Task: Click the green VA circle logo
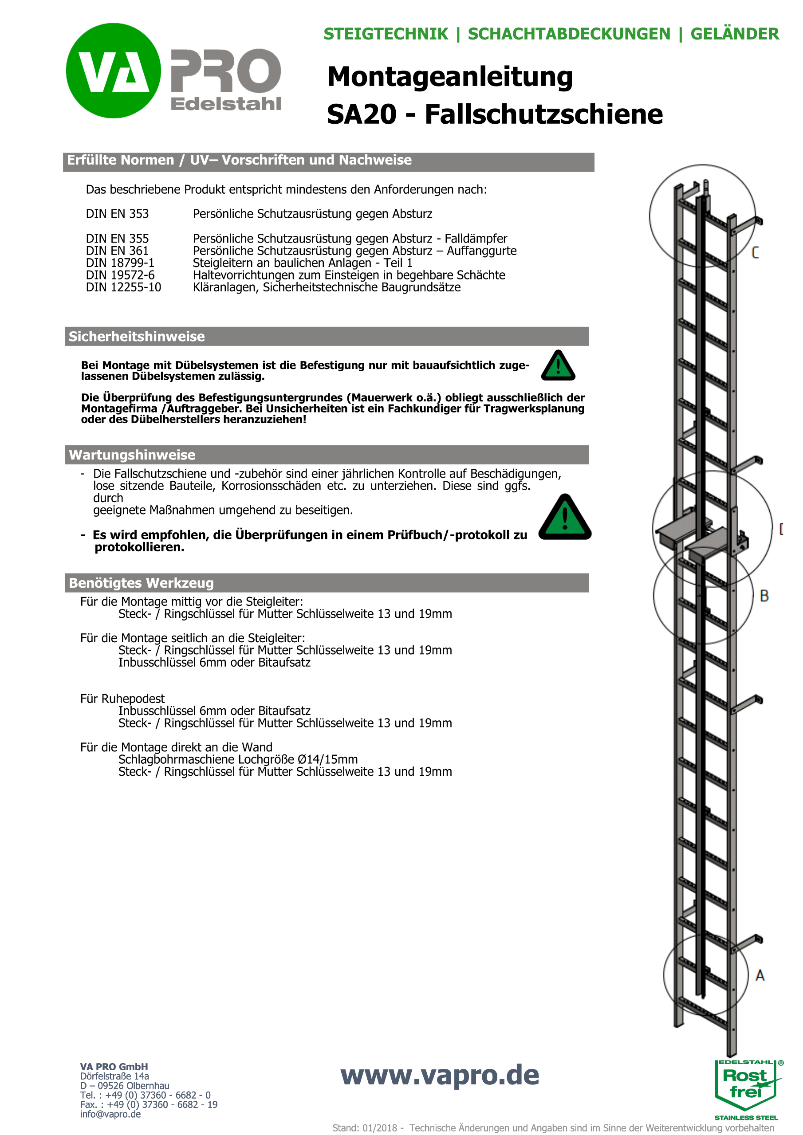click(x=113, y=71)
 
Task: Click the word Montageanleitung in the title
click(x=449, y=78)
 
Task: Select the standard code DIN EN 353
click(x=117, y=214)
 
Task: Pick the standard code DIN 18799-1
click(x=120, y=263)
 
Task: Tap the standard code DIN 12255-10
click(x=123, y=287)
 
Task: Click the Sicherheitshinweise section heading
click(x=137, y=337)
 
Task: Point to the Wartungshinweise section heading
click(x=132, y=455)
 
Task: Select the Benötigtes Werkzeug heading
click(x=141, y=583)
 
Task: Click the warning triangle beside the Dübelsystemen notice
click(x=558, y=366)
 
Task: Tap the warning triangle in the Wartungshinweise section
click(x=565, y=518)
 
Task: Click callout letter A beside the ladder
click(x=760, y=975)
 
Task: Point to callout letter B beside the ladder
click(x=764, y=596)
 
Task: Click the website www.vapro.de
click(x=440, y=1075)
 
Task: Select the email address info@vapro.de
click(x=110, y=1114)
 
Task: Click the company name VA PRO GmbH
click(x=114, y=1067)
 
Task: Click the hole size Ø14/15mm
click(x=327, y=759)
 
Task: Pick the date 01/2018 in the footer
click(x=379, y=1127)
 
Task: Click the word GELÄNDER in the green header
click(x=734, y=34)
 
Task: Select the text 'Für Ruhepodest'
click(x=122, y=699)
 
